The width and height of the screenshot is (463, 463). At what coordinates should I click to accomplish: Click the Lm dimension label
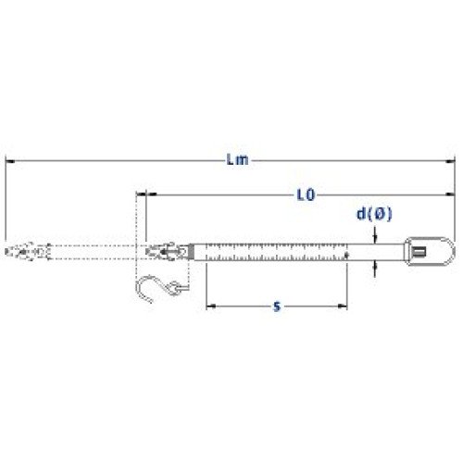click(237, 159)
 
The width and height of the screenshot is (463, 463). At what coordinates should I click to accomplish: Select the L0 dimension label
click(306, 194)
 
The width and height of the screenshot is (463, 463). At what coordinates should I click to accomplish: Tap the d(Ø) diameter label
click(374, 214)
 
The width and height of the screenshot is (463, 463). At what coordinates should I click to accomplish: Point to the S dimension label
click(277, 307)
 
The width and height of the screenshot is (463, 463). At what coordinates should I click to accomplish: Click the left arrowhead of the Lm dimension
click(10, 161)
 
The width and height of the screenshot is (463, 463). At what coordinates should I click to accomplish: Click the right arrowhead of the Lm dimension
click(451, 161)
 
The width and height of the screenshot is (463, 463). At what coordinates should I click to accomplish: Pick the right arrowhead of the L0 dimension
click(451, 194)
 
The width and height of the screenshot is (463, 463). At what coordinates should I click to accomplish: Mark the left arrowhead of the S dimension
click(211, 307)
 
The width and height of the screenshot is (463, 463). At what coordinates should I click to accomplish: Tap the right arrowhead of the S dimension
click(343, 307)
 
